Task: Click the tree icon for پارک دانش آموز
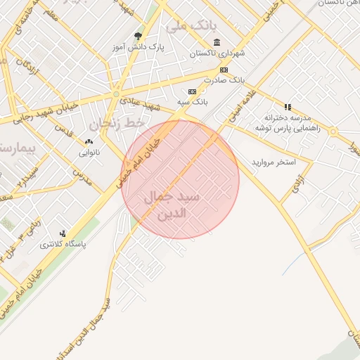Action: tap(138, 36)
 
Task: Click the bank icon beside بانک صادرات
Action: tap(224, 70)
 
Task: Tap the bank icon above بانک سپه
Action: tap(192, 92)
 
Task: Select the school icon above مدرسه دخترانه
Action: tap(288, 106)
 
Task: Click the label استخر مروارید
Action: tap(274, 162)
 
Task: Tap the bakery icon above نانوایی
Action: tap(89, 142)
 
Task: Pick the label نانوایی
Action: tap(89, 152)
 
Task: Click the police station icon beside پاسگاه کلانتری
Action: tap(63, 233)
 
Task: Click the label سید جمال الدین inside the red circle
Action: tap(172, 204)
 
